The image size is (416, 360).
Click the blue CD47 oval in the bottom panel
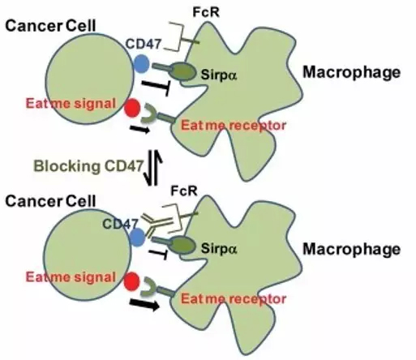click(x=139, y=234)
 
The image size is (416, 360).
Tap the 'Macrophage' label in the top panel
click(x=351, y=73)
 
